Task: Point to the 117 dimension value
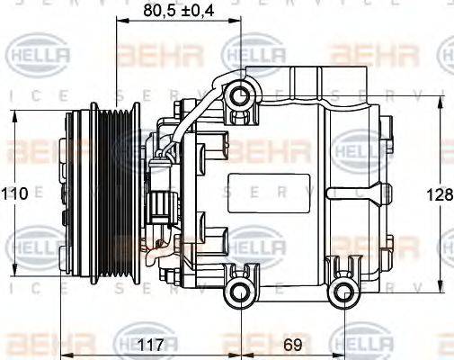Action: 150,343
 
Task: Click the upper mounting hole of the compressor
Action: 239,94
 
